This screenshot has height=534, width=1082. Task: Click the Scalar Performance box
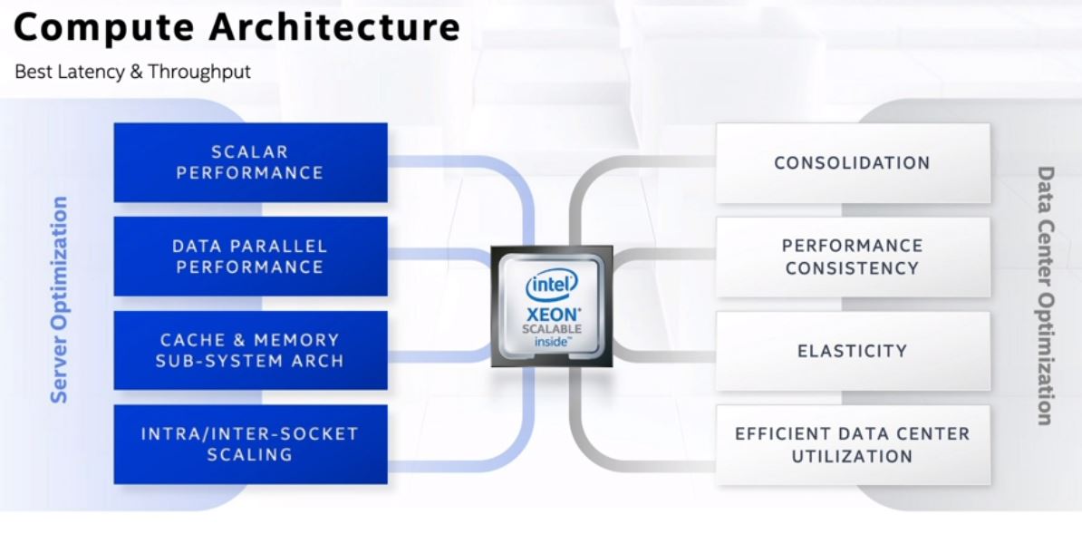[250, 162]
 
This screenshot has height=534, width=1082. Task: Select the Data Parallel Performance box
[250, 256]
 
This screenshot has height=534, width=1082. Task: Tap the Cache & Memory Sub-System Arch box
[250, 350]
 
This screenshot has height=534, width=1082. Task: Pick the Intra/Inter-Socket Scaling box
[250, 444]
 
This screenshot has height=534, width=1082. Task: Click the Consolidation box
[852, 163]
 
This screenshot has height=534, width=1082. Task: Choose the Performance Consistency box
[852, 257]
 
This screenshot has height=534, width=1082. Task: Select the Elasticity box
[852, 351]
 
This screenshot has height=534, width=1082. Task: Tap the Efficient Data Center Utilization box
[852, 444]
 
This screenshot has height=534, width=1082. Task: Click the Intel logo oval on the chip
[551, 286]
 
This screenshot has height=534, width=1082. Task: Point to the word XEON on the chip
[551, 314]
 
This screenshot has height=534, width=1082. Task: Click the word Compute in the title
[102, 27]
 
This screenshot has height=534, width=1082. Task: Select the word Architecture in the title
[334, 27]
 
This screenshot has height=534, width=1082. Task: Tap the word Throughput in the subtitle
[199, 72]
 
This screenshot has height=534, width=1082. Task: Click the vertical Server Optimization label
[59, 299]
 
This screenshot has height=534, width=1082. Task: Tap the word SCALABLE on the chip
[551, 329]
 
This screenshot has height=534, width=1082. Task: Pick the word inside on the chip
[551, 342]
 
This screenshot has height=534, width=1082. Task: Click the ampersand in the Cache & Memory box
[238, 340]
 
